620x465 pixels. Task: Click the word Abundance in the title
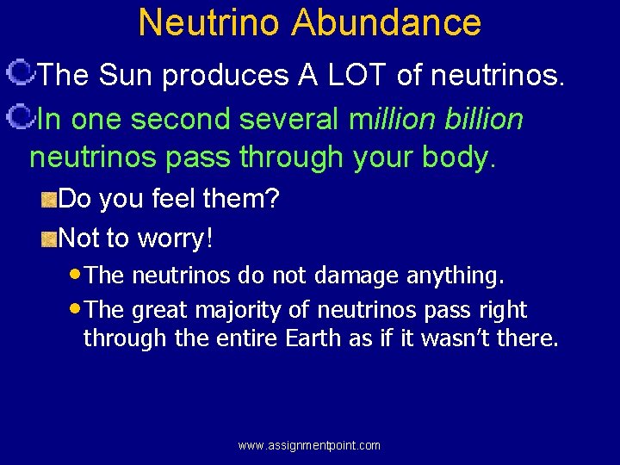pyautogui.click(x=386, y=22)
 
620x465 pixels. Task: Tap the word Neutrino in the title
pyautogui.click(x=209, y=22)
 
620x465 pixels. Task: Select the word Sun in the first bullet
pyautogui.click(x=127, y=76)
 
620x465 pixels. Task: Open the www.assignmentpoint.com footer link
pyautogui.click(x=309, y=445)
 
